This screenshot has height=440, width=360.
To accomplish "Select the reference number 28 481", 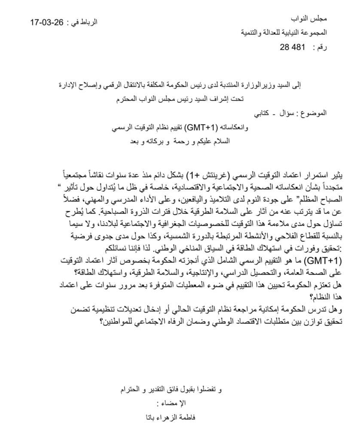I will tap(292, 48).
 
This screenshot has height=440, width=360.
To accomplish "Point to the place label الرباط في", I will tap(82, 22).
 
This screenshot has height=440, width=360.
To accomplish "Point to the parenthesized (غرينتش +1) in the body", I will tap(201, 176).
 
